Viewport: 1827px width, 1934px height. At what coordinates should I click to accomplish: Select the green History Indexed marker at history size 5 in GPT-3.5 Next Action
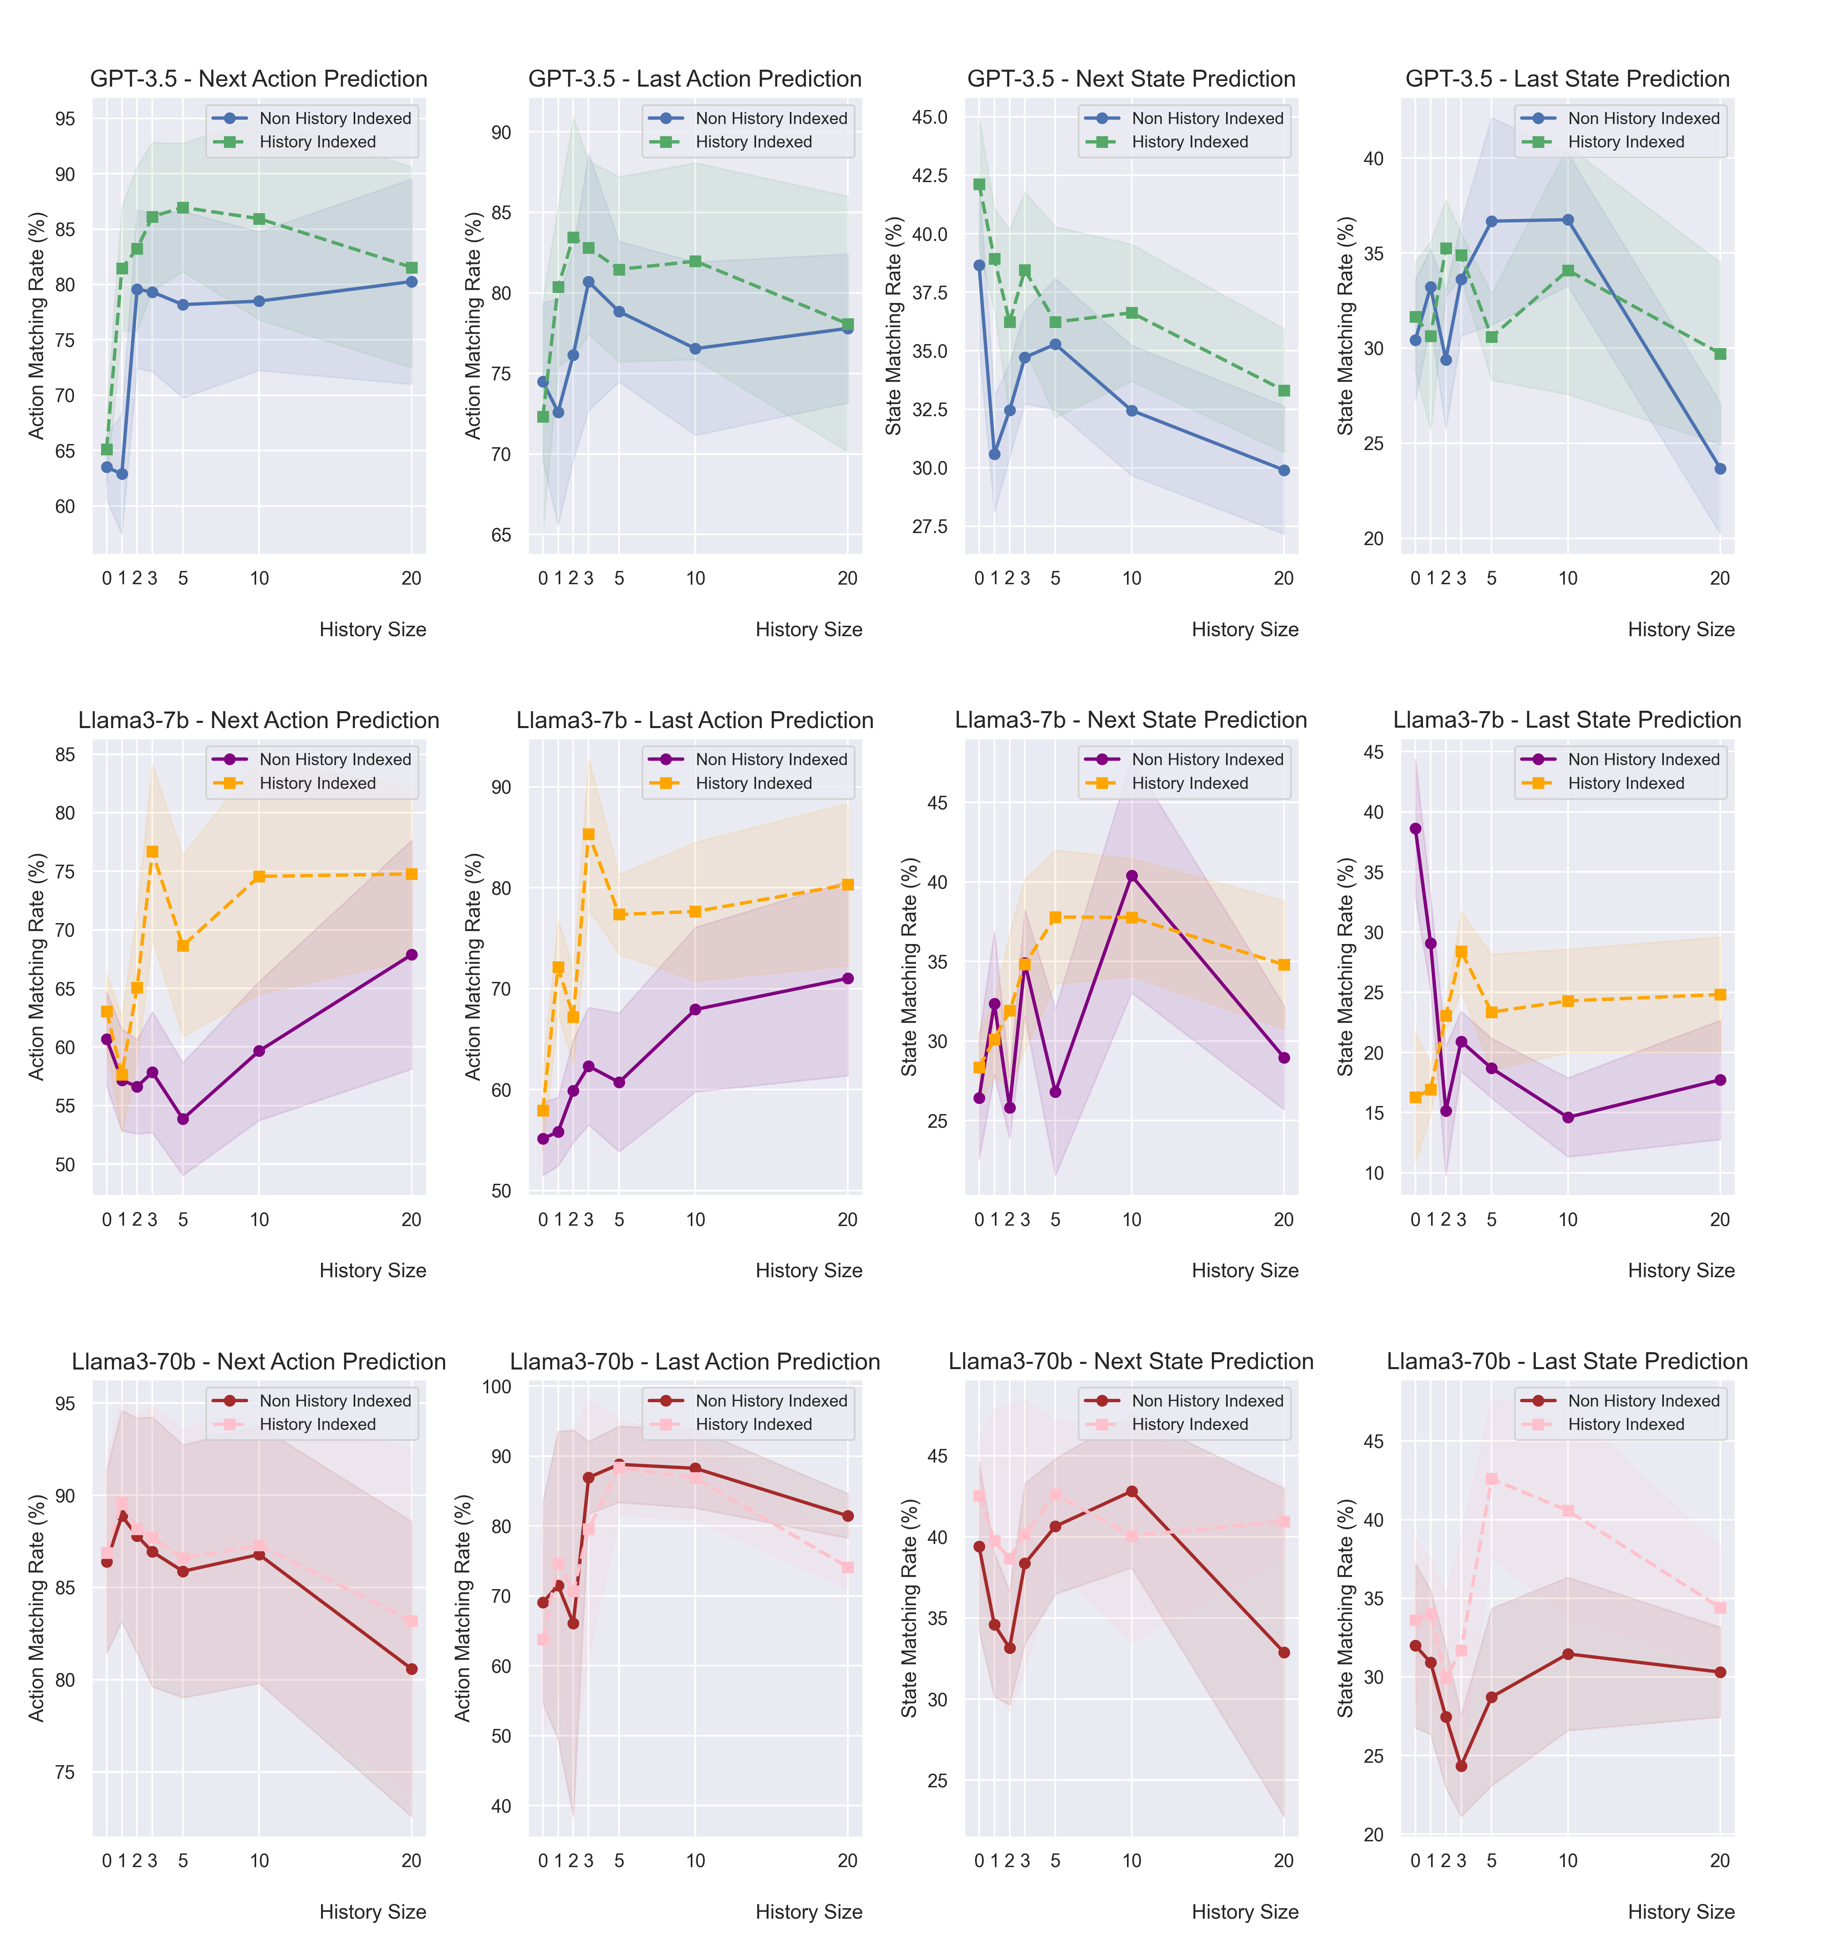click(183, 208)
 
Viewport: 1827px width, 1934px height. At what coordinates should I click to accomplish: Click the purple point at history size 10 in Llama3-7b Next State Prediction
click(1132, 876)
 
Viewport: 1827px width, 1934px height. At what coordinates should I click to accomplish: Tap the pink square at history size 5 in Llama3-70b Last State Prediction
click(1491, 1478)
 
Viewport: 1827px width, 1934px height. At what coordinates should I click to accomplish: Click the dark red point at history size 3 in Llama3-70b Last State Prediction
click(1461, 1766)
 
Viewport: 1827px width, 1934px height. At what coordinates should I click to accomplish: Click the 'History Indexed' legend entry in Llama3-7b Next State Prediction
click(1189, 783)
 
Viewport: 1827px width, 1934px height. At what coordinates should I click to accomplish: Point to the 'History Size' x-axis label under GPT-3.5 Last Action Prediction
click(808, 629)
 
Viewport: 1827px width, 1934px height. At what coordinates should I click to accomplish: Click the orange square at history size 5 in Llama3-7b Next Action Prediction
click(183, 945)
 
